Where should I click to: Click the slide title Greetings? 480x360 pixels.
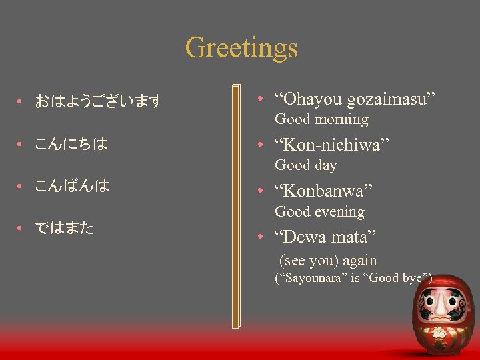click(x=241, y=47)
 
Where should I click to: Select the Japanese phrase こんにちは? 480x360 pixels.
click(x=71, y=144)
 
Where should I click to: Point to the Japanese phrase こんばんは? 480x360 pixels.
click(x=71, y=186)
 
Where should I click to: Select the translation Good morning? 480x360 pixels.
click(x=321, y=120)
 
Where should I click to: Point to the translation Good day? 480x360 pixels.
click(x=306, y=165)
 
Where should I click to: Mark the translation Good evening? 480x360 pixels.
click(x=319, y=212)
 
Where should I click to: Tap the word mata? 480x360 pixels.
click(x=357, y=237)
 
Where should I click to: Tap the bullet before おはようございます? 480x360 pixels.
click(x=21, y=102)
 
